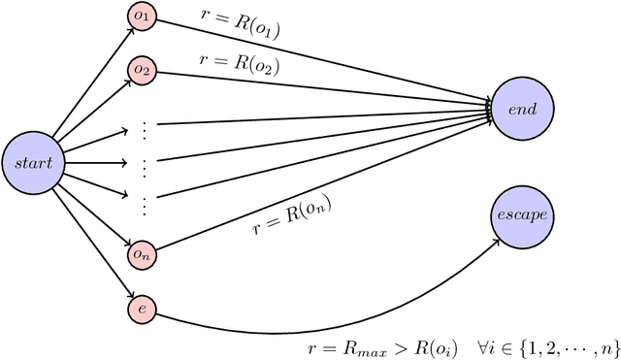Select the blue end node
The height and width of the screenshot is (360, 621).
[x=523, y=110]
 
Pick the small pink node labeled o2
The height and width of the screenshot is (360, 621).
[x=142, y=70]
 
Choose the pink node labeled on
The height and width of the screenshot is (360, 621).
[x=142, y=254]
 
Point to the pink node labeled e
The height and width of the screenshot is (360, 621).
[x=142, y=308]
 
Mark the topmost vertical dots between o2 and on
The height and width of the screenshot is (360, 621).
[x=144, y=127]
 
